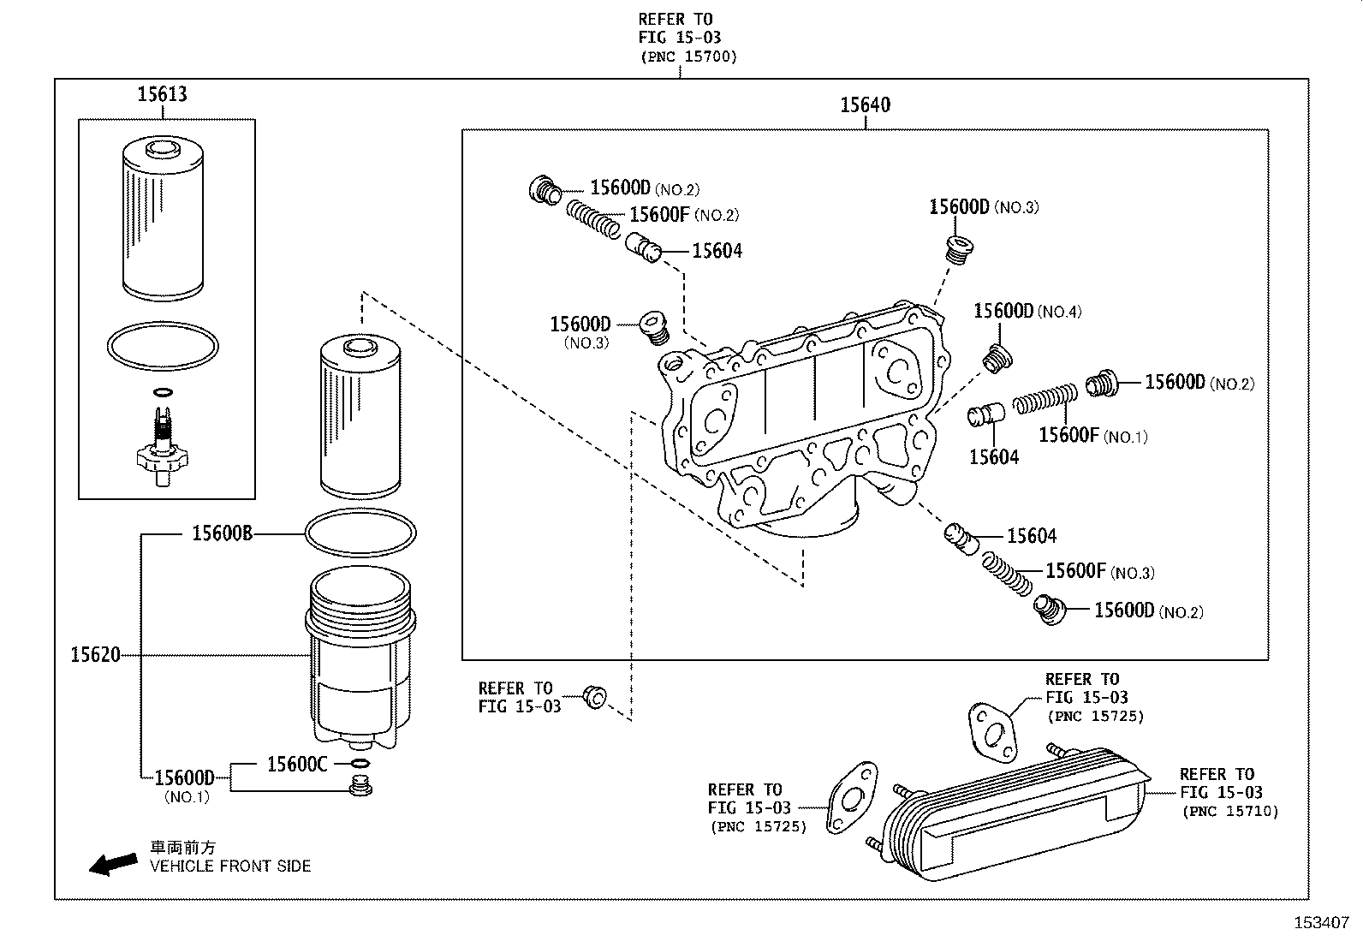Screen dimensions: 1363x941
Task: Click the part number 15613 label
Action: [x=162, y=94]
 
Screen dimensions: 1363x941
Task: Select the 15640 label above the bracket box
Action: [x=865, y=105]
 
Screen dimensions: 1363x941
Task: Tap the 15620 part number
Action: [x=95, y=655]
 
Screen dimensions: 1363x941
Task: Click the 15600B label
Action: [x=222, y=533]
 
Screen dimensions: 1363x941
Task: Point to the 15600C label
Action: [x=297, y=764]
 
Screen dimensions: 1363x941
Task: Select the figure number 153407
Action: [x=1320, y=923]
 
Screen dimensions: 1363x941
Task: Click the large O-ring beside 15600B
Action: [x=360, y=533]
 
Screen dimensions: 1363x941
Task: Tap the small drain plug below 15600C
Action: [x=361, y=786]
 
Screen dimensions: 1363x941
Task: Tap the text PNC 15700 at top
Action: [x=687, y=57]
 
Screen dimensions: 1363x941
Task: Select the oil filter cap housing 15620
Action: [x=360, y=659]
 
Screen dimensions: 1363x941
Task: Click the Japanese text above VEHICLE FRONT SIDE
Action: [x=183, y=847]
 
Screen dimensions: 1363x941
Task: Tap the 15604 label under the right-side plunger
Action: [x=993, y=457]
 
